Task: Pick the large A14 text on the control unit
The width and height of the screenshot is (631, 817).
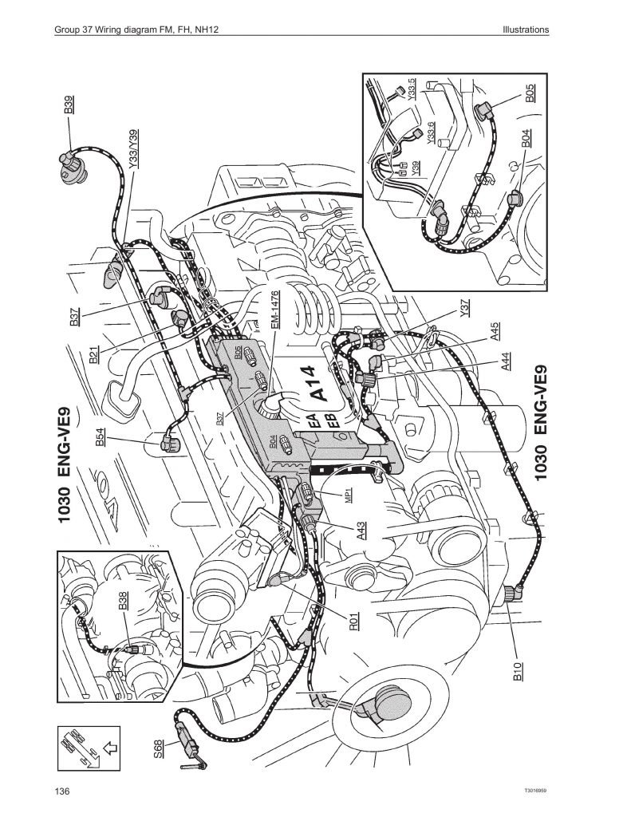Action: (x=318, y=383)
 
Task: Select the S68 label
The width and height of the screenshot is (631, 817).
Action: (x=159, y=748)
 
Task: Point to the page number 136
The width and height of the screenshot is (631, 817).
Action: (x=63, y=791)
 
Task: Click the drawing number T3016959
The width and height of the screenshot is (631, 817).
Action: (x=534, y=792)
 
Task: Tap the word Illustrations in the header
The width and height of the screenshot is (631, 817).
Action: (x=526, y=30)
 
